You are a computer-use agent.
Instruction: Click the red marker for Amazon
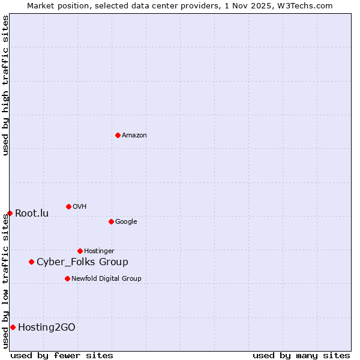point(118,135)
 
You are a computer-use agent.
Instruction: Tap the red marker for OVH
point(68,206)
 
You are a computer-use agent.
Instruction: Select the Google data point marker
point(111,221)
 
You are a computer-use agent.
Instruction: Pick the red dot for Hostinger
point(80,251)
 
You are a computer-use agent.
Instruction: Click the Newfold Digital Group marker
point(67,278)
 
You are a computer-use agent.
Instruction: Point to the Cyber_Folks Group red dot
point(31,262)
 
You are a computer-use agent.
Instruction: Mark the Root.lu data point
point(10,213)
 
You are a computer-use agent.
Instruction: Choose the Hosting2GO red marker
point(13,327)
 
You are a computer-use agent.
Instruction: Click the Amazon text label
point(134,136)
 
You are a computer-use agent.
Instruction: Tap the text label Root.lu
point(32,214)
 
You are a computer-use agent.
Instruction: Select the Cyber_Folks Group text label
point(82,262)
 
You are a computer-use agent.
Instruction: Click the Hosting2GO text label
point(47,328)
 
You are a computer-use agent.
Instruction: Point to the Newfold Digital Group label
point(106,279)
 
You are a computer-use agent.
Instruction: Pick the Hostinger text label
point(99,251)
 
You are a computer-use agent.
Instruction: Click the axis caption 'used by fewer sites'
point(62,355)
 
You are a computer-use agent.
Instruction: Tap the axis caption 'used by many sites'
point(301,355)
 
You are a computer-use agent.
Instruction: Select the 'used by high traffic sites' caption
point(5,85)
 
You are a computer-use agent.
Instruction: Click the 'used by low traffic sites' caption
point(5,281)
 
